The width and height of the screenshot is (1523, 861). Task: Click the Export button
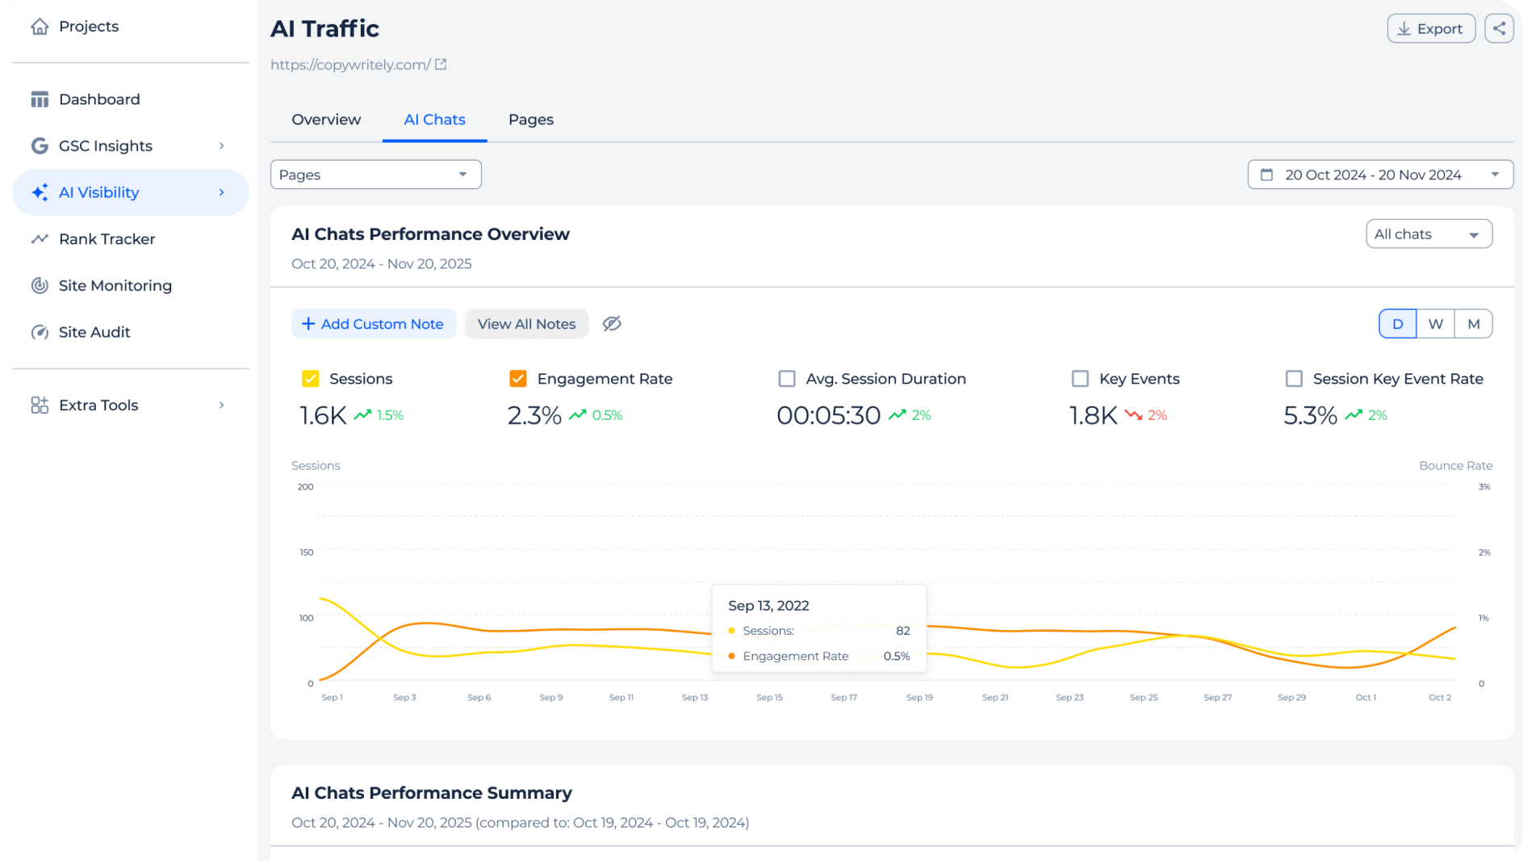click(1431, 28)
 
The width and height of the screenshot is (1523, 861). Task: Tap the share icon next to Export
click(1499, 28)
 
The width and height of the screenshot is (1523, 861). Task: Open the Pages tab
click(530, 120)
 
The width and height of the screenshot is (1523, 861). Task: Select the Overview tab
click(326, 120)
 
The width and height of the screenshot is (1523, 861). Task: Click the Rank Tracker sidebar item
click(107, 239)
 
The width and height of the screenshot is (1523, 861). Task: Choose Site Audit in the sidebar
click(94, 332)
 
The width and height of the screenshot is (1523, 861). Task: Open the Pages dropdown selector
click(375, 174)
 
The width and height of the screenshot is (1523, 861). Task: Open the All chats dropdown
click(1428, 234)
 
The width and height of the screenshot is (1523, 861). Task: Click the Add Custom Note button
click(374, 324)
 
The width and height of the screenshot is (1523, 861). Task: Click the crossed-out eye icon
click(612, 324)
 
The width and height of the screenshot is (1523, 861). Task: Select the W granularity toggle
click(1435, 324)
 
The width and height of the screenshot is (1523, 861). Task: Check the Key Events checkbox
click(1080, 379)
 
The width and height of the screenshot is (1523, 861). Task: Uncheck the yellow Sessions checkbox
click(311, 379)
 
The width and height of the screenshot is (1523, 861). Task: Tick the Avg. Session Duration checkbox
click(787, 379)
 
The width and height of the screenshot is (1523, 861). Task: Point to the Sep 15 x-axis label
click(769, 697)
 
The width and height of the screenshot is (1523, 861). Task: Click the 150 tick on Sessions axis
click(306, 552)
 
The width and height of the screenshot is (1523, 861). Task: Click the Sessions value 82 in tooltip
click(902, 631)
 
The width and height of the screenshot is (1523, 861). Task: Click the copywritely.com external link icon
click(441, 65)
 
